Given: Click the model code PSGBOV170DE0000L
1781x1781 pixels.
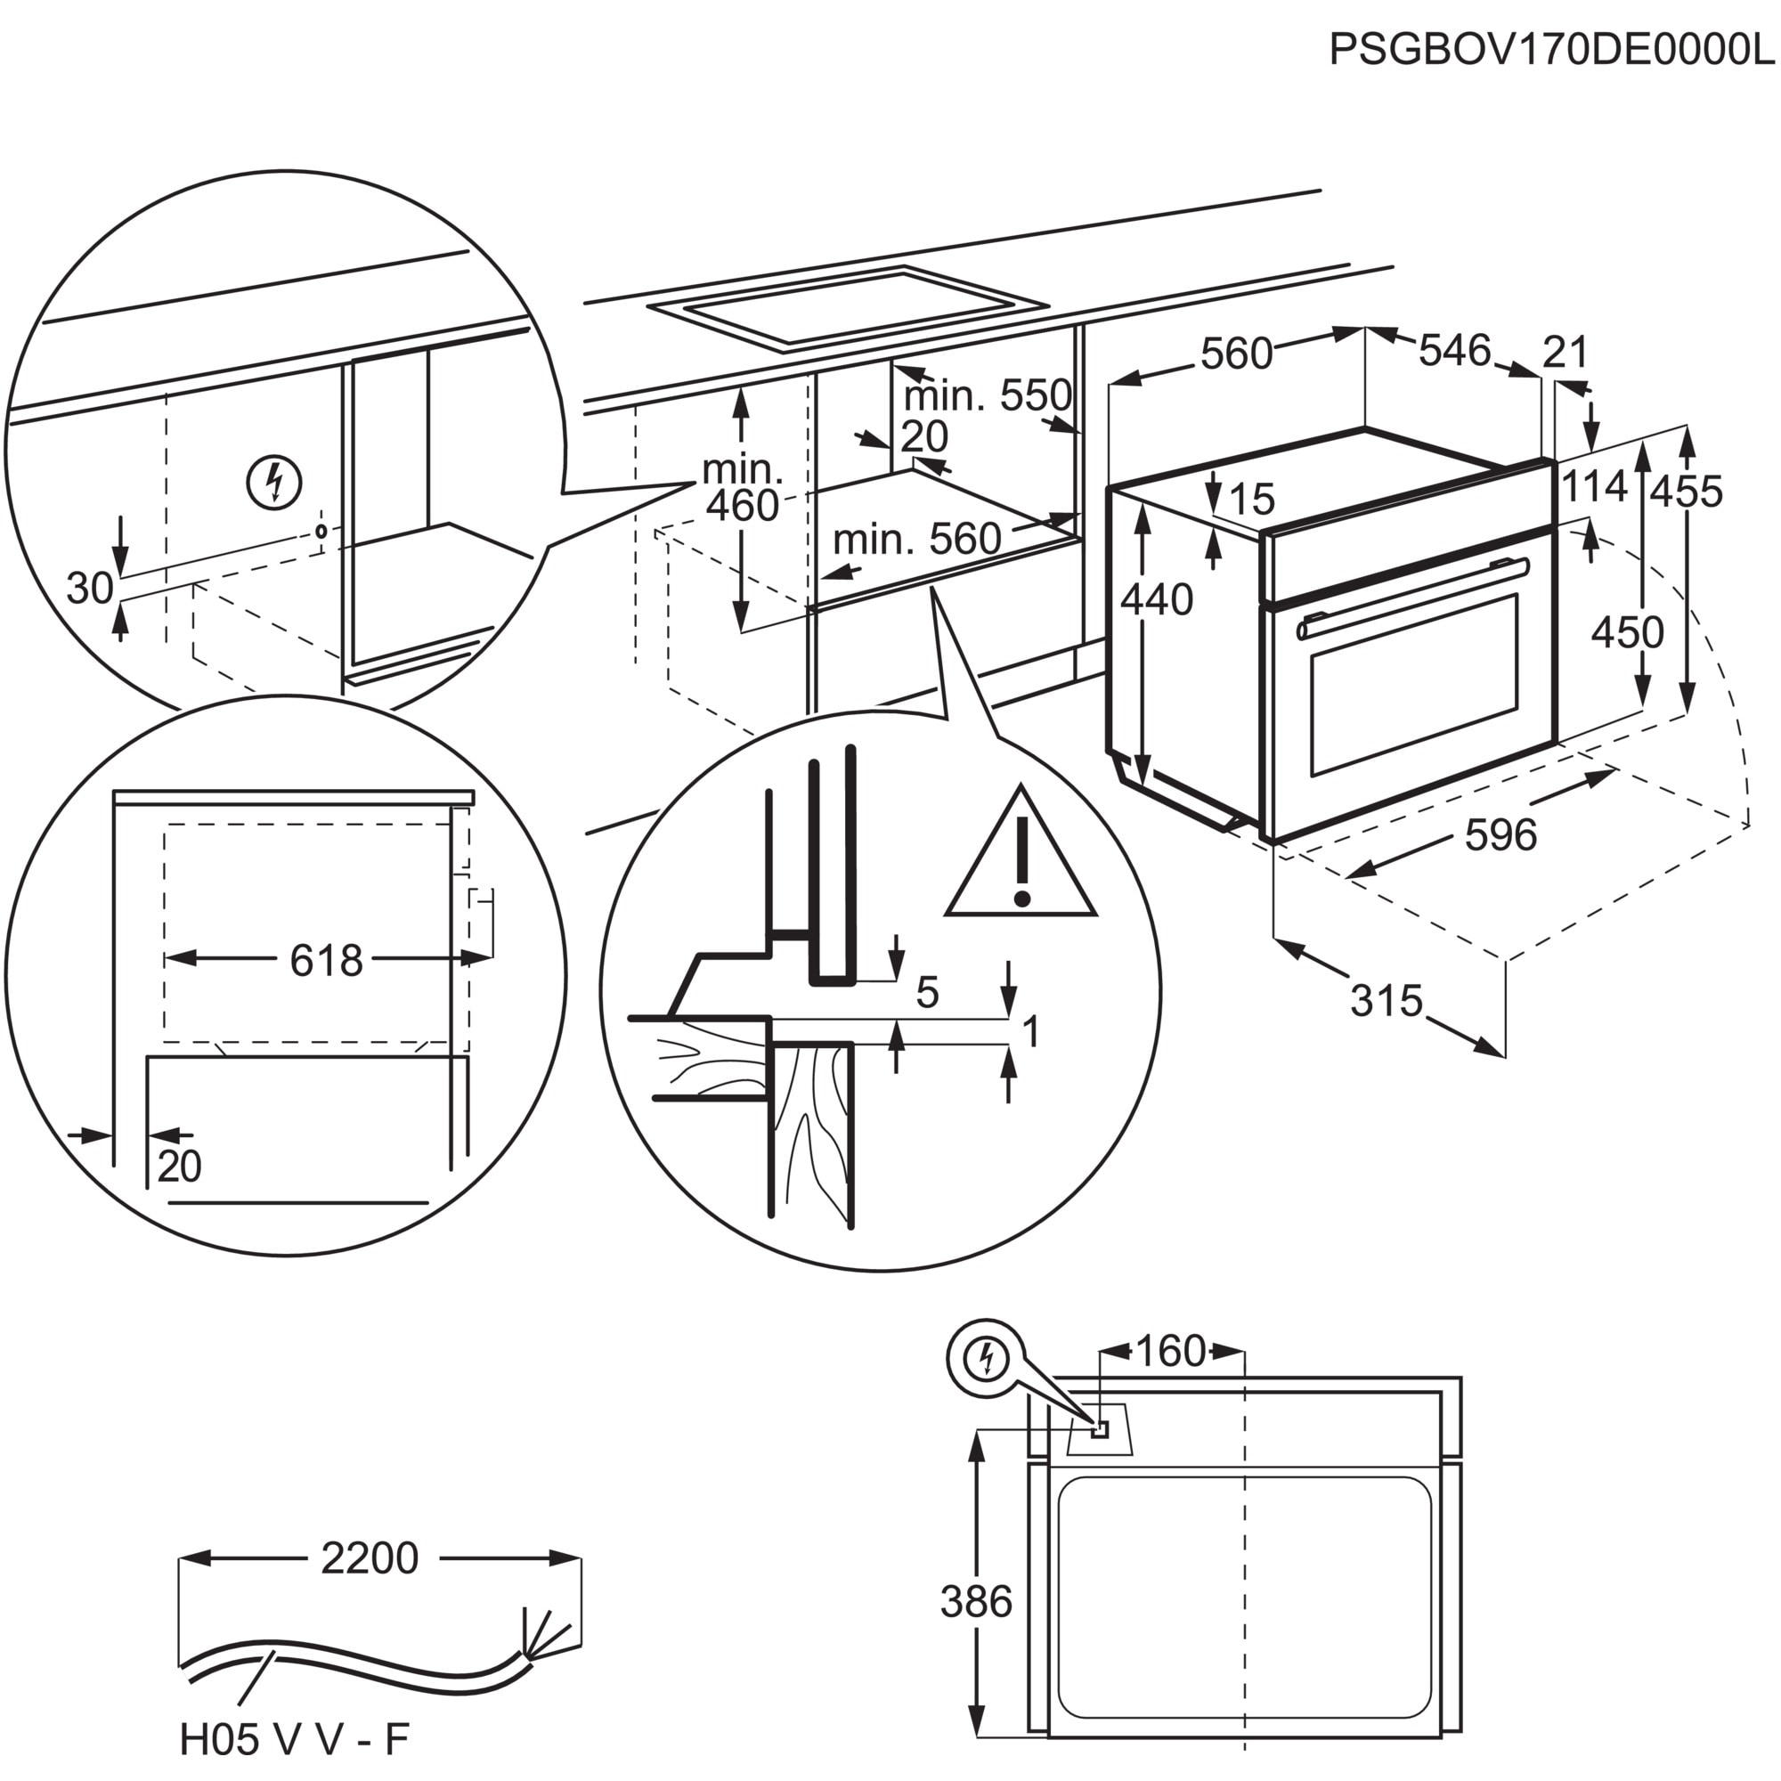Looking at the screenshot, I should click(x=1551, y=51).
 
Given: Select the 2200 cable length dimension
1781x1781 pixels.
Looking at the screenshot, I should click(x=370, y=1557).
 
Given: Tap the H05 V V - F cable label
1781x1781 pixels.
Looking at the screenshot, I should click(x=293, y=1738).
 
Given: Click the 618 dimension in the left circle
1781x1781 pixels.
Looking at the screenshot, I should click(x=326, y=961).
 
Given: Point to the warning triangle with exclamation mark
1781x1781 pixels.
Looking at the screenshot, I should click(x=1021, y=862).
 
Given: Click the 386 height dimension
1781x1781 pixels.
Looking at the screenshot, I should click(x=976, y=1601).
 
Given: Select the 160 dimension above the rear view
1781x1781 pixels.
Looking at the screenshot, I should click(x=1170, y=1352).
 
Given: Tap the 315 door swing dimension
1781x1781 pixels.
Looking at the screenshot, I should click(x=1387, y=1000).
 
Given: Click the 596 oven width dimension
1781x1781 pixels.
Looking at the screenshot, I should click(x=1500, y=835).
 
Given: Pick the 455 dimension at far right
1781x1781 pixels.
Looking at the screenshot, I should click(x=1686, y=492).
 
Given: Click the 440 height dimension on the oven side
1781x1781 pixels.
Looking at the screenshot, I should click(x=1157, y=600).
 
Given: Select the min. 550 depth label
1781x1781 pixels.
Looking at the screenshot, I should click(x=988, y=395).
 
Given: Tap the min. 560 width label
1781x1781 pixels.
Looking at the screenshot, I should click(x=916, y=539).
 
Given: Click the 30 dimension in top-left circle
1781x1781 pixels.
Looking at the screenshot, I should click(x=90, y=588).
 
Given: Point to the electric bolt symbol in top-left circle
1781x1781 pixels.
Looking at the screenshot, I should click(x=274, y=481).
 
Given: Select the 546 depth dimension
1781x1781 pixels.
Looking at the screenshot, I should click(x=1454, y=350).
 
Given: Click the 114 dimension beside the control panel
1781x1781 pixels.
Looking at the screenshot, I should click(x=1594, y=487).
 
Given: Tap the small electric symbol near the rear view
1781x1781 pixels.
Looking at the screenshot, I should click(x=986, y=1360).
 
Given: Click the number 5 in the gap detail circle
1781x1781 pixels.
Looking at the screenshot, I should click(x=927, y=993).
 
